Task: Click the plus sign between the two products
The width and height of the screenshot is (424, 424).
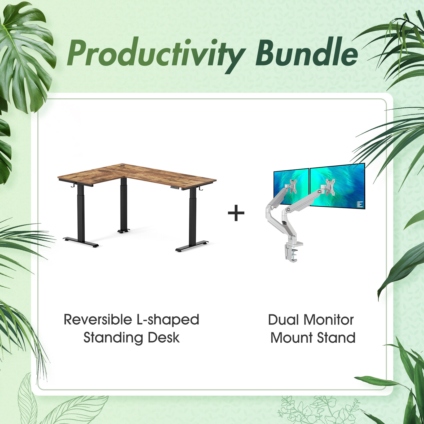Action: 236,213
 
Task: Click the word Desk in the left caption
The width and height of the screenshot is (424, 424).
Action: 164,338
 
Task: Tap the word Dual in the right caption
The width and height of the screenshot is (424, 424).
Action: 283,320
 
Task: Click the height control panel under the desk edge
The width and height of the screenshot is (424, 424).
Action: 175,188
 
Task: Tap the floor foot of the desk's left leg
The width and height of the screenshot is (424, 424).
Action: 81,242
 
